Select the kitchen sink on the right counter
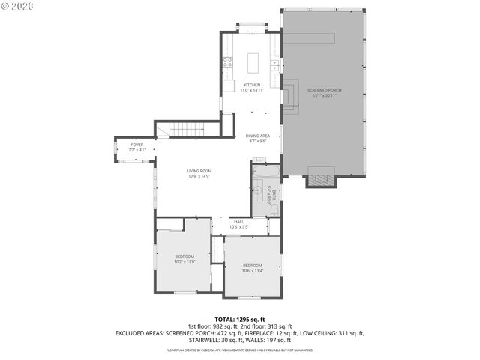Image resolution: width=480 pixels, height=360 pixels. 275,66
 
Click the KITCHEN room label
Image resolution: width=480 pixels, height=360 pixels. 252,85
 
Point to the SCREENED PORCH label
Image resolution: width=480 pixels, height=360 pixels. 324,90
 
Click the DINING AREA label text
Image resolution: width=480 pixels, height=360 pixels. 258,136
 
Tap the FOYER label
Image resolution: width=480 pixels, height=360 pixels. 136,145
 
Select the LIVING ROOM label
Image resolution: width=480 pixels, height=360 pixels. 199,172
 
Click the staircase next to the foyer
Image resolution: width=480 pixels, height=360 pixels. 187,130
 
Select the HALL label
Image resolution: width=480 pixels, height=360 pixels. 238,221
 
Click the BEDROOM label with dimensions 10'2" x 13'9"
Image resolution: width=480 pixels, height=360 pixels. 184,256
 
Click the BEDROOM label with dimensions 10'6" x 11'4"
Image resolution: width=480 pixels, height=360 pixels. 252,265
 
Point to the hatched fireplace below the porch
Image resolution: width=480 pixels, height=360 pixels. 322,181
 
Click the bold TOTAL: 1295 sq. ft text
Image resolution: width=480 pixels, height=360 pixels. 239,319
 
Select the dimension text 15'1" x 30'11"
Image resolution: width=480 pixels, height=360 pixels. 324,95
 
